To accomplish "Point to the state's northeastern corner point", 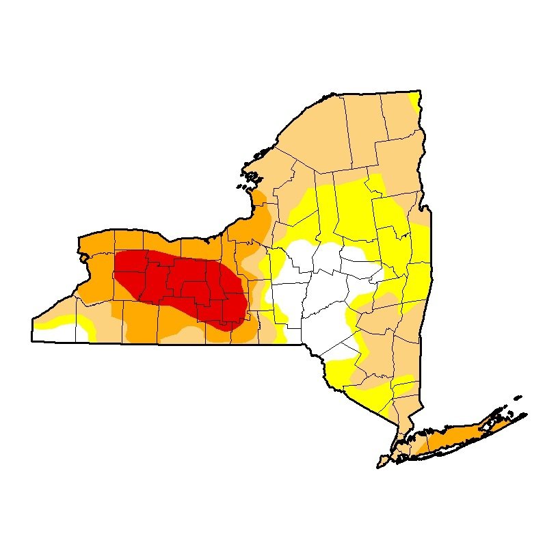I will click(x=418, y=91).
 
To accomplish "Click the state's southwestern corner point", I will click(x=32, y=340).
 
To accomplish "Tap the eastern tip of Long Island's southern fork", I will click(x=527, y=414).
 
